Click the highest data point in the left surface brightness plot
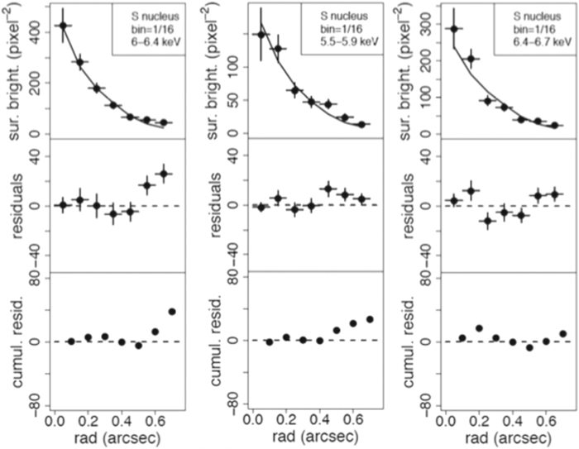pyautogui.click(x=63, y=26)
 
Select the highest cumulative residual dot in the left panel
pyautogui.click(x=172, y=311)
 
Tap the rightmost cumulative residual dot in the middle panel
pyautogui.click(x=370, y=319)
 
